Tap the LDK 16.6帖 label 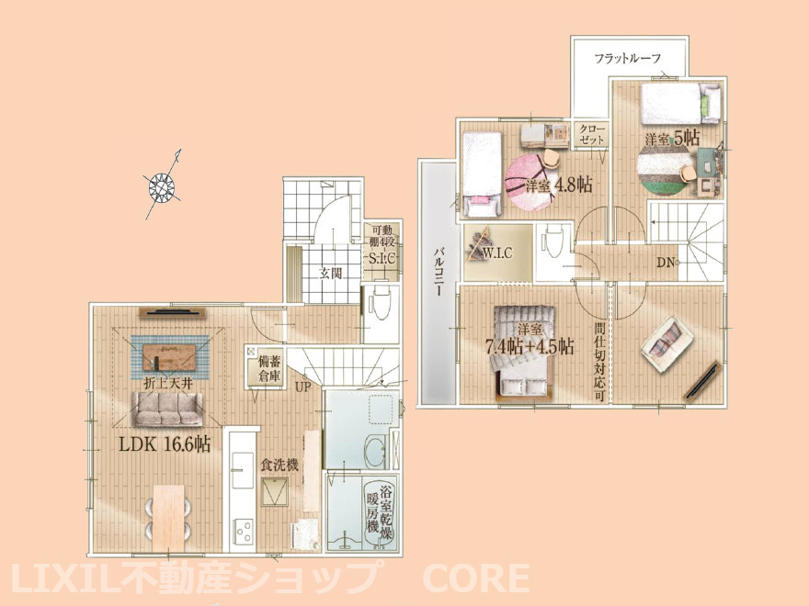[x=165, y=444]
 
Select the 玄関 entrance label [x=330, y=273]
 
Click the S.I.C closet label [x=382, y=258]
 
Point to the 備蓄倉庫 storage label [x=269, y=368]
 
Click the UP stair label [x=302, y=386]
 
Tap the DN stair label [x=666, y=263]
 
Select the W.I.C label [x=497, y=253]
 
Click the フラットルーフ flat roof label [x=628, y=58]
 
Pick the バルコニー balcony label [x=439, y=272]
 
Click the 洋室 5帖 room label [x=672, y=138]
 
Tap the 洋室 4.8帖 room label [x=559, y=185]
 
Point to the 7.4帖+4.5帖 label [x=530, y=346]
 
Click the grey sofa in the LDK [x=167, y=410]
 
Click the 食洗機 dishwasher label [x=279, y=466]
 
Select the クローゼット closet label [x=591, y=133]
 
